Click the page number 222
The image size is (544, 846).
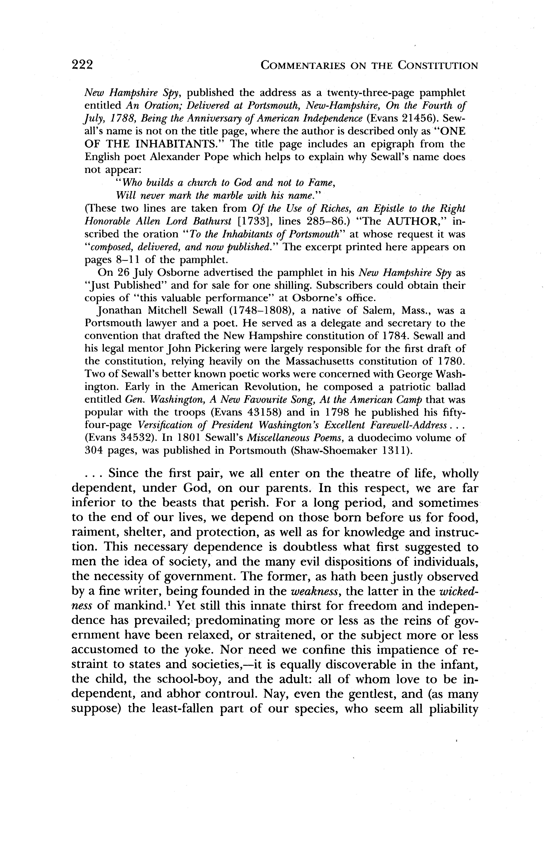(82, 65)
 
